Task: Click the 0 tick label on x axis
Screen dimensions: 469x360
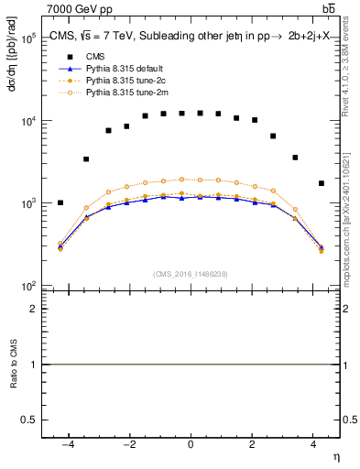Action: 190,444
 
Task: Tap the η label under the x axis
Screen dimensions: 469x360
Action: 335,456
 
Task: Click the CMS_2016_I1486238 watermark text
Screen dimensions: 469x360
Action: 190,274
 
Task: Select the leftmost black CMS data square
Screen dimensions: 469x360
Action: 60,203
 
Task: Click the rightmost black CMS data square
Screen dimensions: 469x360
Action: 321,183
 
